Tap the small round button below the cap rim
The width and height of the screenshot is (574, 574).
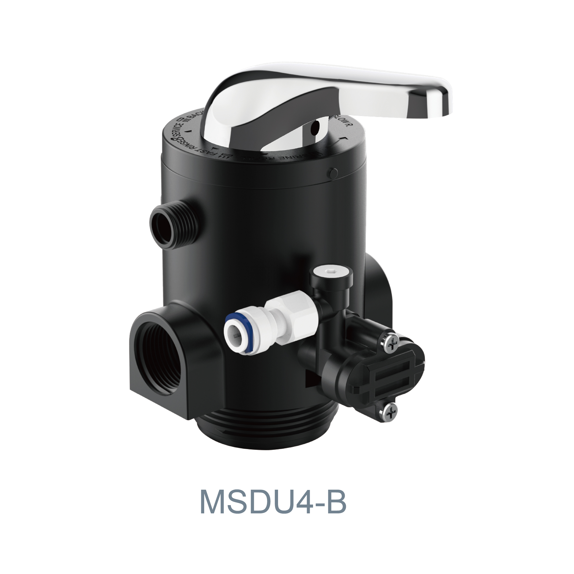(333, 172)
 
